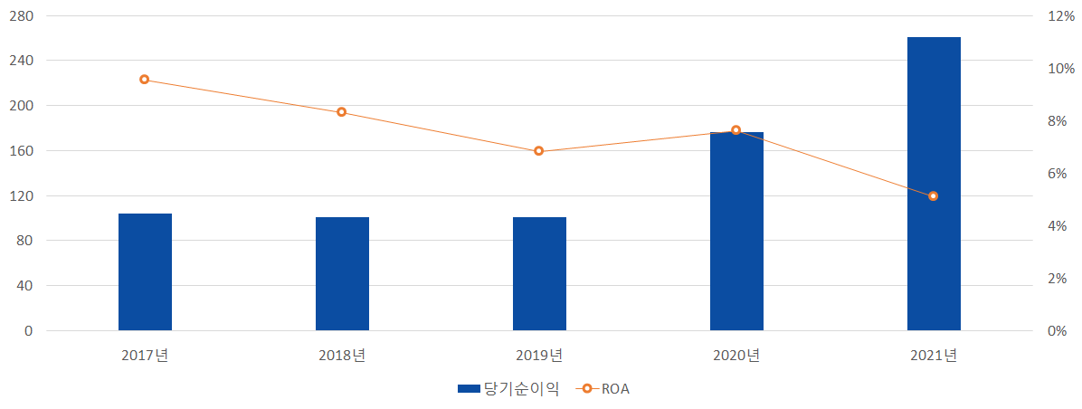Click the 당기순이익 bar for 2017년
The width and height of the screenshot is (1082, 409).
tap(145, 271)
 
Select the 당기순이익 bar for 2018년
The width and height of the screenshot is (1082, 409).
tap(342, 273)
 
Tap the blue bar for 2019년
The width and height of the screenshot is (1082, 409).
tap(539, 273)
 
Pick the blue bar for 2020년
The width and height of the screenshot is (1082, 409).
tap(736, 231)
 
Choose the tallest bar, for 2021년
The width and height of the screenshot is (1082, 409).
tap(934, 184)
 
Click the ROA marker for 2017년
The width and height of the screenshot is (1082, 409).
tap(144, 80)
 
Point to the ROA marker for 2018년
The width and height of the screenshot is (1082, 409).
tap(342, 112)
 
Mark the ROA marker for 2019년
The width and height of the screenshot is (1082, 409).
tap(539, 151)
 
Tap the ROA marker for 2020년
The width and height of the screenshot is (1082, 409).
tap(736, 130)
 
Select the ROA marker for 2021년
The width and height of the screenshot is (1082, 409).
tap(934, 196)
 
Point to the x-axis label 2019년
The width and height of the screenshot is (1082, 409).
tap(539, 356)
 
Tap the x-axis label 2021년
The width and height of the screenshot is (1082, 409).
tap(934, 356)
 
